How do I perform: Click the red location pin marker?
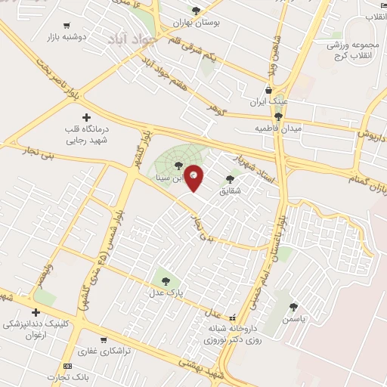click(194, 178)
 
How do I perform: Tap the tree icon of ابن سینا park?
click(178, 165)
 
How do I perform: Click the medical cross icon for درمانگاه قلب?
click(87, 117)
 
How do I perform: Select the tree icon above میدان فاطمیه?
click(279, 116)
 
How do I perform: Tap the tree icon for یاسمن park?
click(293, 308)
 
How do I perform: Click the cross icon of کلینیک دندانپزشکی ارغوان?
click(35, 312)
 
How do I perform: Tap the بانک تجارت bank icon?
click(68, 366)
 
